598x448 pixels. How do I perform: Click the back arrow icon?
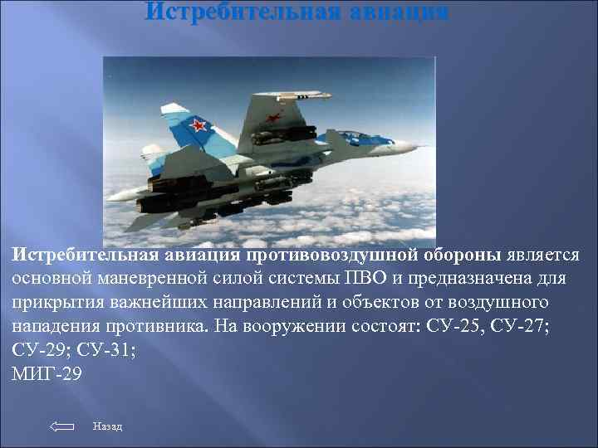pos(62,426)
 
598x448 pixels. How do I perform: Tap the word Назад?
pos(108,426)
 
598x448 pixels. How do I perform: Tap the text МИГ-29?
pos(47,373)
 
